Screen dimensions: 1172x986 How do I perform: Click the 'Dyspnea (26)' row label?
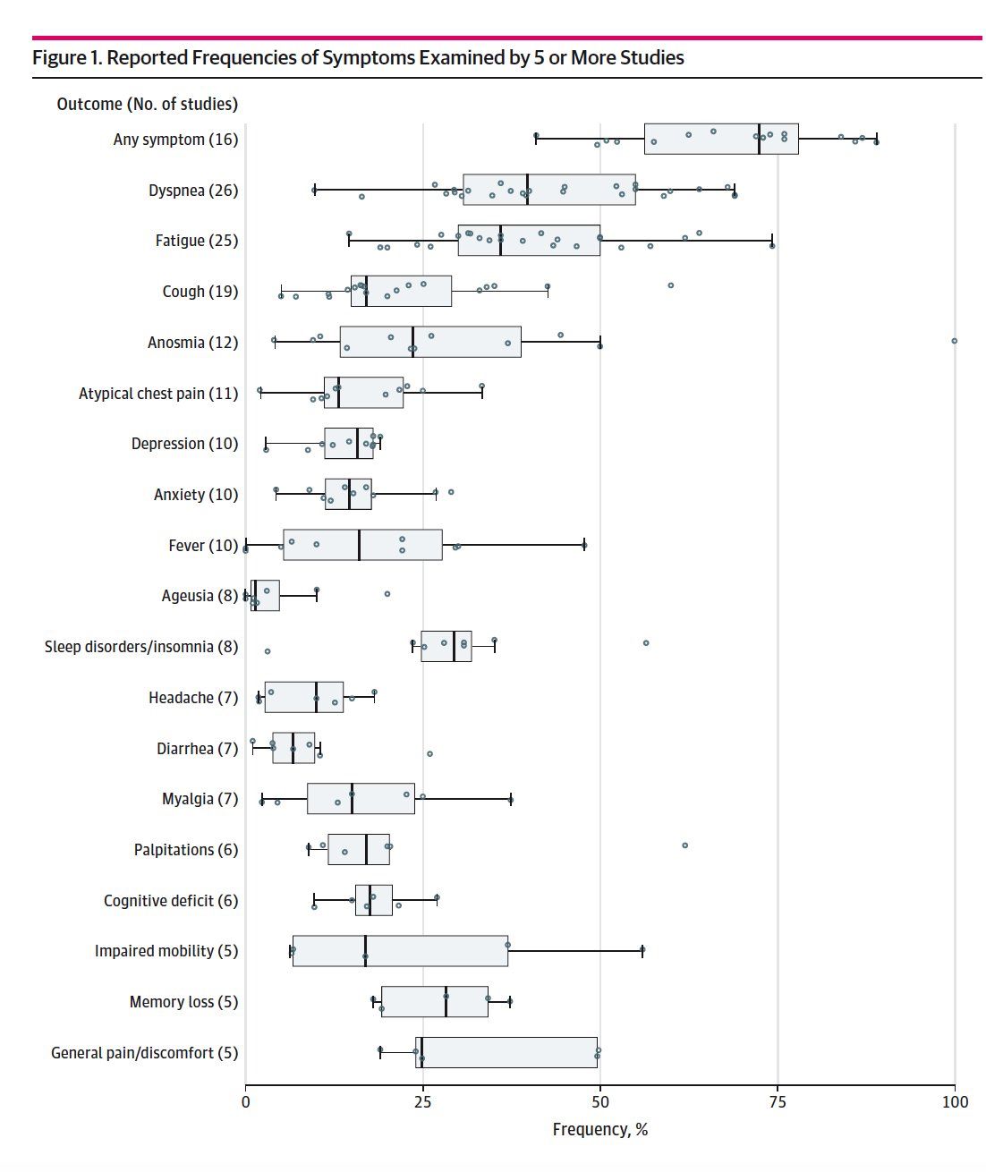193,191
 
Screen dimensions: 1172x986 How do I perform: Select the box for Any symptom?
720,139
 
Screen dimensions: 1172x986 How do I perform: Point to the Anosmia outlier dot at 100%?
954,341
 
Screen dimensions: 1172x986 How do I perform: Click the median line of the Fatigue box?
501,241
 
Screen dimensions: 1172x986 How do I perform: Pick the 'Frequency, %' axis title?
599,1129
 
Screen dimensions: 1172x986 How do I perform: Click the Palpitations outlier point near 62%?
684,845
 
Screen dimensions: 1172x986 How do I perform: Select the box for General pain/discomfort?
506,1052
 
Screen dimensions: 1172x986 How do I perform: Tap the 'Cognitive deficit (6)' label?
171,901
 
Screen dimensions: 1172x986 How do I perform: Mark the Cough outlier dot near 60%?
670,285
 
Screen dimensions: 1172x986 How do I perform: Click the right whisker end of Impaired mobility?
642,951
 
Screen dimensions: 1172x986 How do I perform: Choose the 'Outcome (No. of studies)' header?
148,104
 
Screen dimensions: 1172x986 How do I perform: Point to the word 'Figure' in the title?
63,58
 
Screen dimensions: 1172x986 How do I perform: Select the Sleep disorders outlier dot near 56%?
645,642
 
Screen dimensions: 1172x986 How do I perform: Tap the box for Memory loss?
434,1002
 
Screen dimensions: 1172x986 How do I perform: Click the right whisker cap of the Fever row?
584,544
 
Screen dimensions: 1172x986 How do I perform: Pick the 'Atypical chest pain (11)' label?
158,394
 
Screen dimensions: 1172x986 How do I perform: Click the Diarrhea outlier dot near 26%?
429,753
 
